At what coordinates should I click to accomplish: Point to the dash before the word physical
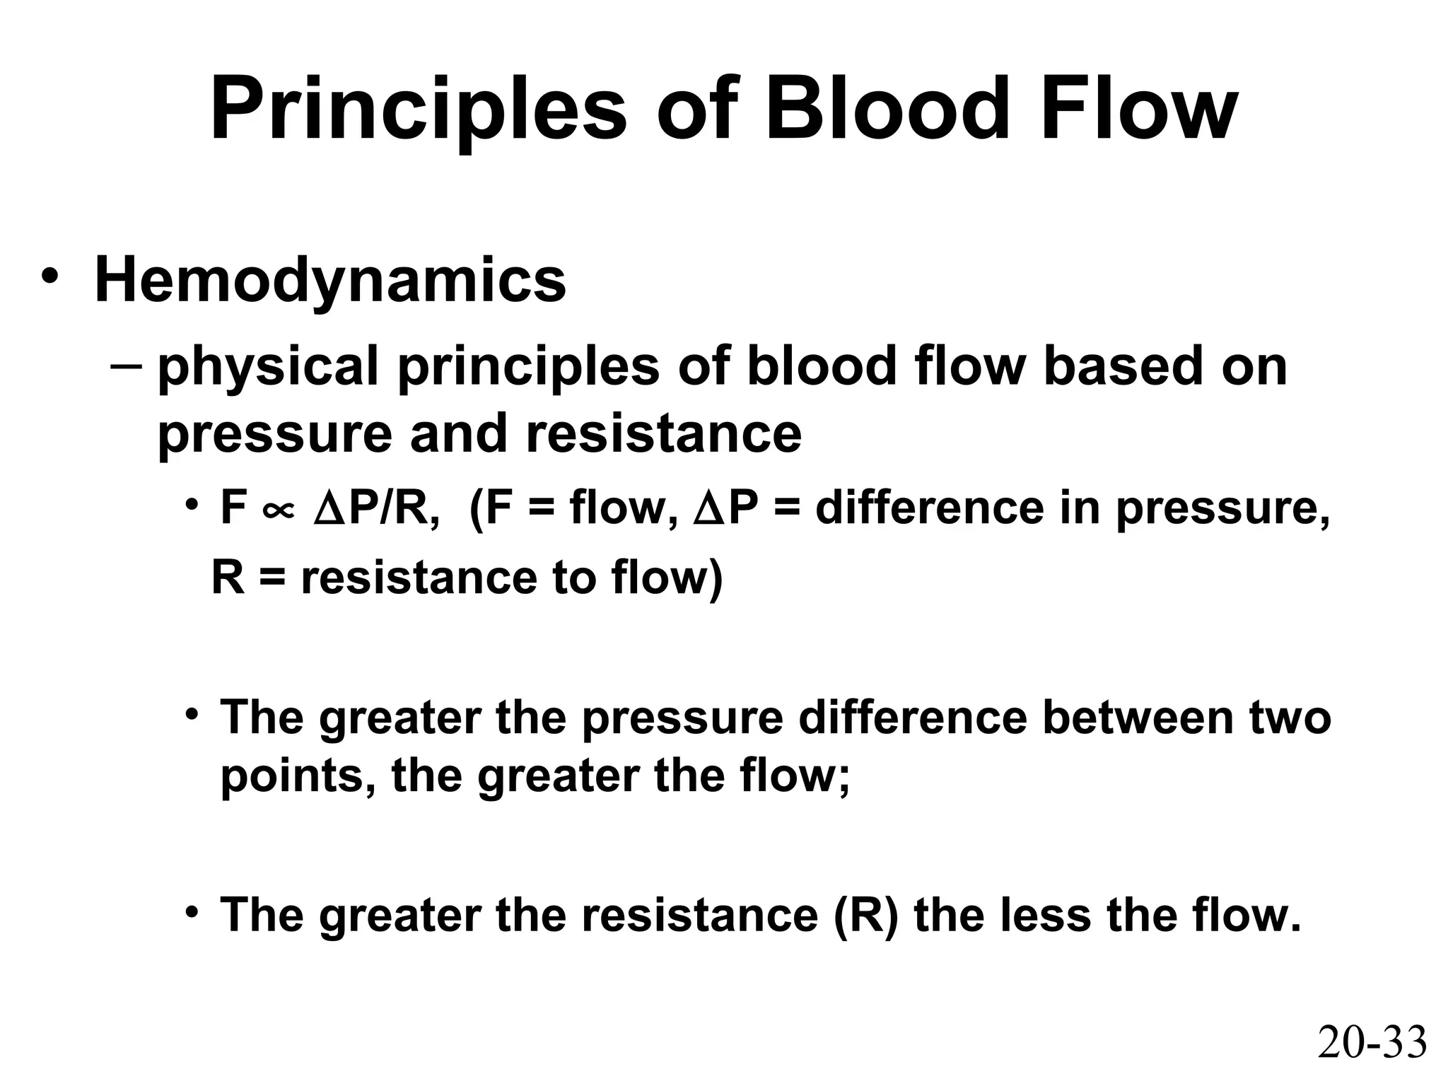click(x=126, y=367)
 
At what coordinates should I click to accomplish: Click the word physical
click(x=268, y=368)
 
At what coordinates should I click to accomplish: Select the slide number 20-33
click(x=1372, y=1043)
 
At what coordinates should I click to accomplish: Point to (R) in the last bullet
click(x=865, y=915)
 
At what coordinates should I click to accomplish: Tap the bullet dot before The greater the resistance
click(x=191, y=911)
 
